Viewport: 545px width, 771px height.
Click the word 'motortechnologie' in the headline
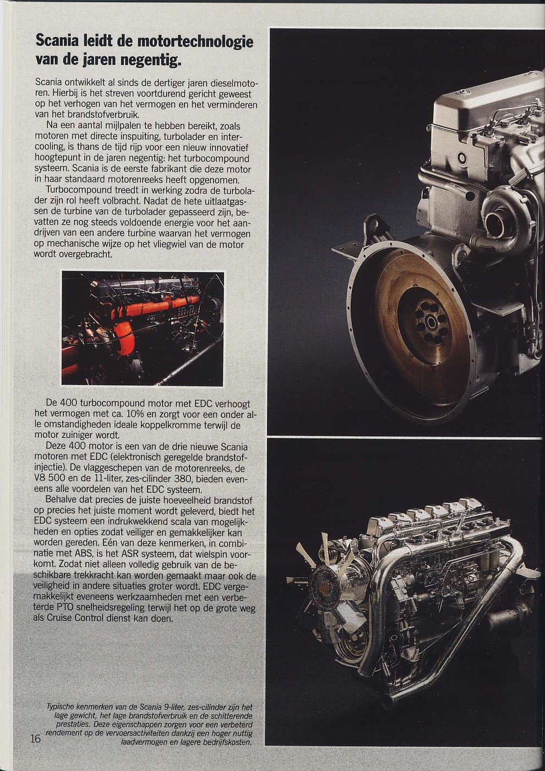[195, 42]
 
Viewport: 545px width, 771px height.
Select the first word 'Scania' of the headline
[58, 42]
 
